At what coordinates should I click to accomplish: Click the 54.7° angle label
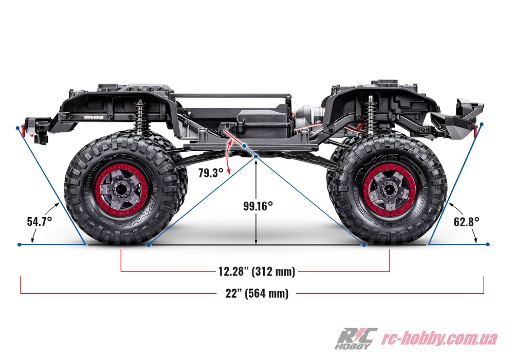click(x=40, y=222)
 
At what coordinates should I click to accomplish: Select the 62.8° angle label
click(x=467, y=222)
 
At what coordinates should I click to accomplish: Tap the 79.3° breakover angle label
click(x=210, y=173)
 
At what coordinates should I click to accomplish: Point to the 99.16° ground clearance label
click(x=258, y=206)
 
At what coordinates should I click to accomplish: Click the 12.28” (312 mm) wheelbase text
click(x=256, y=272)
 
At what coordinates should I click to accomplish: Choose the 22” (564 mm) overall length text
click(x=256, y=294)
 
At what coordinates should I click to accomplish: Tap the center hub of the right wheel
click(x=388, y=189)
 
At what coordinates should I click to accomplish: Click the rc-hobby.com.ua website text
click(x=439, y=338)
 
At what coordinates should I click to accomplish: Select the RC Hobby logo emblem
click(x=355, y=338)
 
